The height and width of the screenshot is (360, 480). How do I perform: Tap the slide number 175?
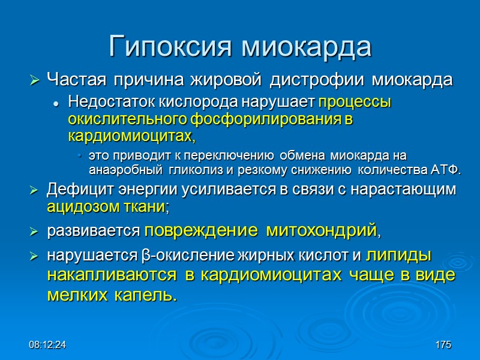pyautogui.click(x=443, y=345)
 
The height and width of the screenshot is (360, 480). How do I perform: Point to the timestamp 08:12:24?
pyautogui.click(x=47, y=345)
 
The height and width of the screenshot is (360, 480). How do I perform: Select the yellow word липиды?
pyautogui.click(x=398, y=255)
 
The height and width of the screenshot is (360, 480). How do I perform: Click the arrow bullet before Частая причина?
pyautogui.click(x=34, y=80)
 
